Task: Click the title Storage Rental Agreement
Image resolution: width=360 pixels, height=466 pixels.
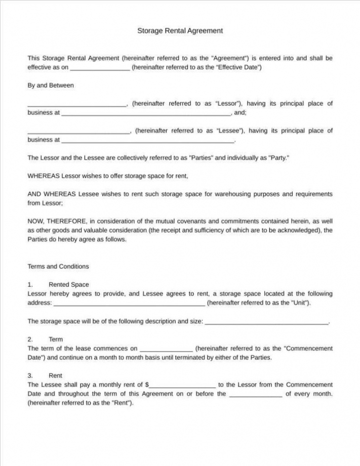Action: pyautogui.click(x=180, y=31)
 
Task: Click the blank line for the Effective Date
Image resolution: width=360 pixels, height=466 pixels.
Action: pyautogui.click(x=99, y=68)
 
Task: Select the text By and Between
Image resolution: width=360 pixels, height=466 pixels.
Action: pyautogui.click(x=50, y=86)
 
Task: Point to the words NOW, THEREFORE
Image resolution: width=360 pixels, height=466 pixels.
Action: pyautogui.click(x=57, y=221)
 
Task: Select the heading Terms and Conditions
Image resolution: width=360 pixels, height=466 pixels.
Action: pyautogui.click(x=58, y=267)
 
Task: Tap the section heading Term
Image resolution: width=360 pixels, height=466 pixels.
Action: pyautogui.click(x=56, y=340)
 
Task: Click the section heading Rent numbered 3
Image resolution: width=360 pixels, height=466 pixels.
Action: pyautogui.click(x=56, y=376)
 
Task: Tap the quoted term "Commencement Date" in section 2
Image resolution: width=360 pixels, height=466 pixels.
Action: pyautogui.click(x=308, y=349)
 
